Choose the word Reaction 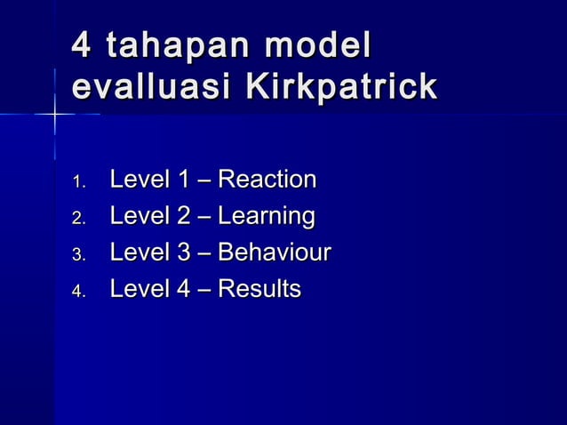pos(268,180)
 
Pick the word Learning pos(267,217)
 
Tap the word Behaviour pos(275,253)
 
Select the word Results pos(260,289)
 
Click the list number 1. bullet pos(78,183)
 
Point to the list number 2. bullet pos(78,220)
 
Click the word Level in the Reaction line pos(138,180)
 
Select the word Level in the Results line pos(138,289)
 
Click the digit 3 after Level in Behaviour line pos(183,253)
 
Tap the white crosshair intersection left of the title pos(54,115)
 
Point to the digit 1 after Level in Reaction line pos(183,180)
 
